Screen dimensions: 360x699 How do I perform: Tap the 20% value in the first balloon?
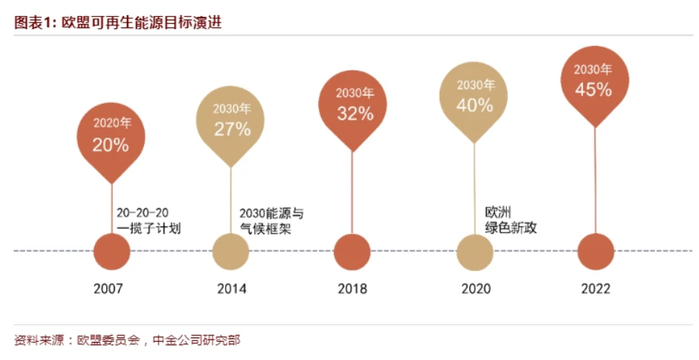point(110,145)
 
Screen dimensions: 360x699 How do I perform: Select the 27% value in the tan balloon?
point(232,129)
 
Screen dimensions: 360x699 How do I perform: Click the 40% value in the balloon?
point(474,105)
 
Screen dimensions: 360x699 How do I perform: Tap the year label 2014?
point(232,289)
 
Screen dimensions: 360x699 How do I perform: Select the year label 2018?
point(353,289)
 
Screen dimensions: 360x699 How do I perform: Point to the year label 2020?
point(476,289)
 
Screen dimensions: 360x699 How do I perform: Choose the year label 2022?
point(595,289)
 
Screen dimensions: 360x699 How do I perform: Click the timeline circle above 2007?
point(112,252)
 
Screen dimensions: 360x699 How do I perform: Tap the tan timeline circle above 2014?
point(231,252)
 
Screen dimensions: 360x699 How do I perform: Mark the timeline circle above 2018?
point(352,252)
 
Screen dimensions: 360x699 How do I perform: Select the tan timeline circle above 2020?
point(475,252)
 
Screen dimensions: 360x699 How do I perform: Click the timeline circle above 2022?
point(596,252)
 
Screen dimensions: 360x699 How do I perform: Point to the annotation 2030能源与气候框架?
point(271,221)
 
